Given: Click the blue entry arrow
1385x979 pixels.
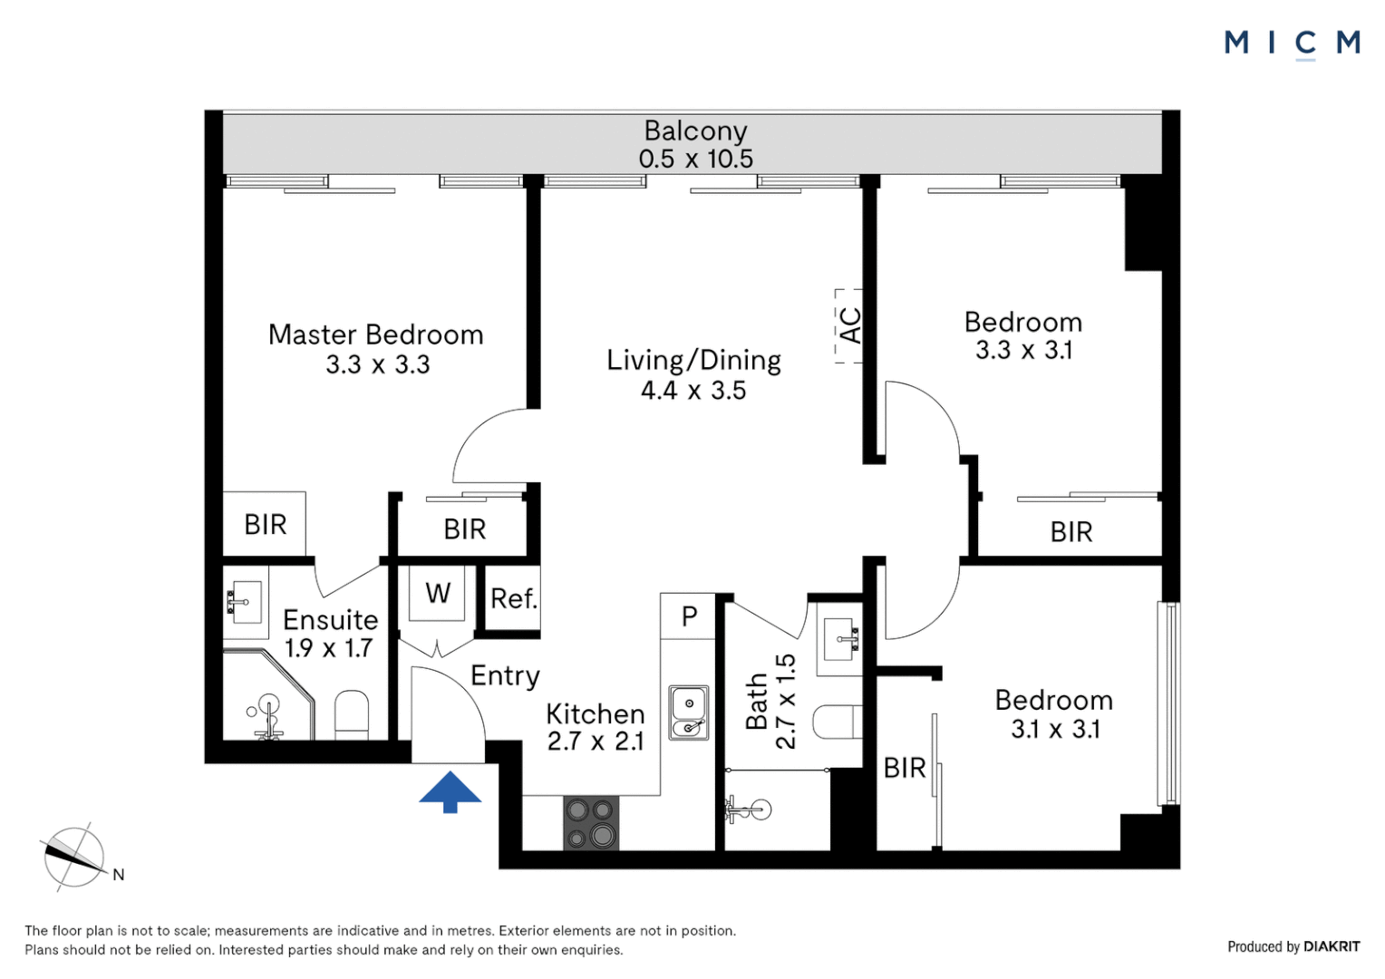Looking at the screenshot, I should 450,791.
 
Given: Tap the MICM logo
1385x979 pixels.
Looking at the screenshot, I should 1292,43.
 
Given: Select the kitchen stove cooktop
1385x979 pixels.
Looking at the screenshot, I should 591,823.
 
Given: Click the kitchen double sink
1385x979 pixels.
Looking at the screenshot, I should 689,712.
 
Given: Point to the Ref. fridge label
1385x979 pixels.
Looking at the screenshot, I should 514,598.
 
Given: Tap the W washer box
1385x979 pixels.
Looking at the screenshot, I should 438,593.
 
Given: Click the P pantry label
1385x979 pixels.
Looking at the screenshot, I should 689,616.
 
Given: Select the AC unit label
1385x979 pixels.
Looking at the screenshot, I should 849,325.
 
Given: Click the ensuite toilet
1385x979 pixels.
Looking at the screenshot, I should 352,715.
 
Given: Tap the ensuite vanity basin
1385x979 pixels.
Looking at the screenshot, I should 244,603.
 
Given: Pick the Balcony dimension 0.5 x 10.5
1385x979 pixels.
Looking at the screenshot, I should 695,160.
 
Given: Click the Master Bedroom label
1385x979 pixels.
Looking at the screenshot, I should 375,334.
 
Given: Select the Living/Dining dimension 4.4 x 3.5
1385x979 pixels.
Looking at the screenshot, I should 693,391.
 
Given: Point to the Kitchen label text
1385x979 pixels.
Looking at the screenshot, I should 595,714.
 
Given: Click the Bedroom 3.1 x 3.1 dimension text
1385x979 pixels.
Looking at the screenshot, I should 1055,730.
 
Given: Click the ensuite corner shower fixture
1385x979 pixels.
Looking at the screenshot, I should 267,707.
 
